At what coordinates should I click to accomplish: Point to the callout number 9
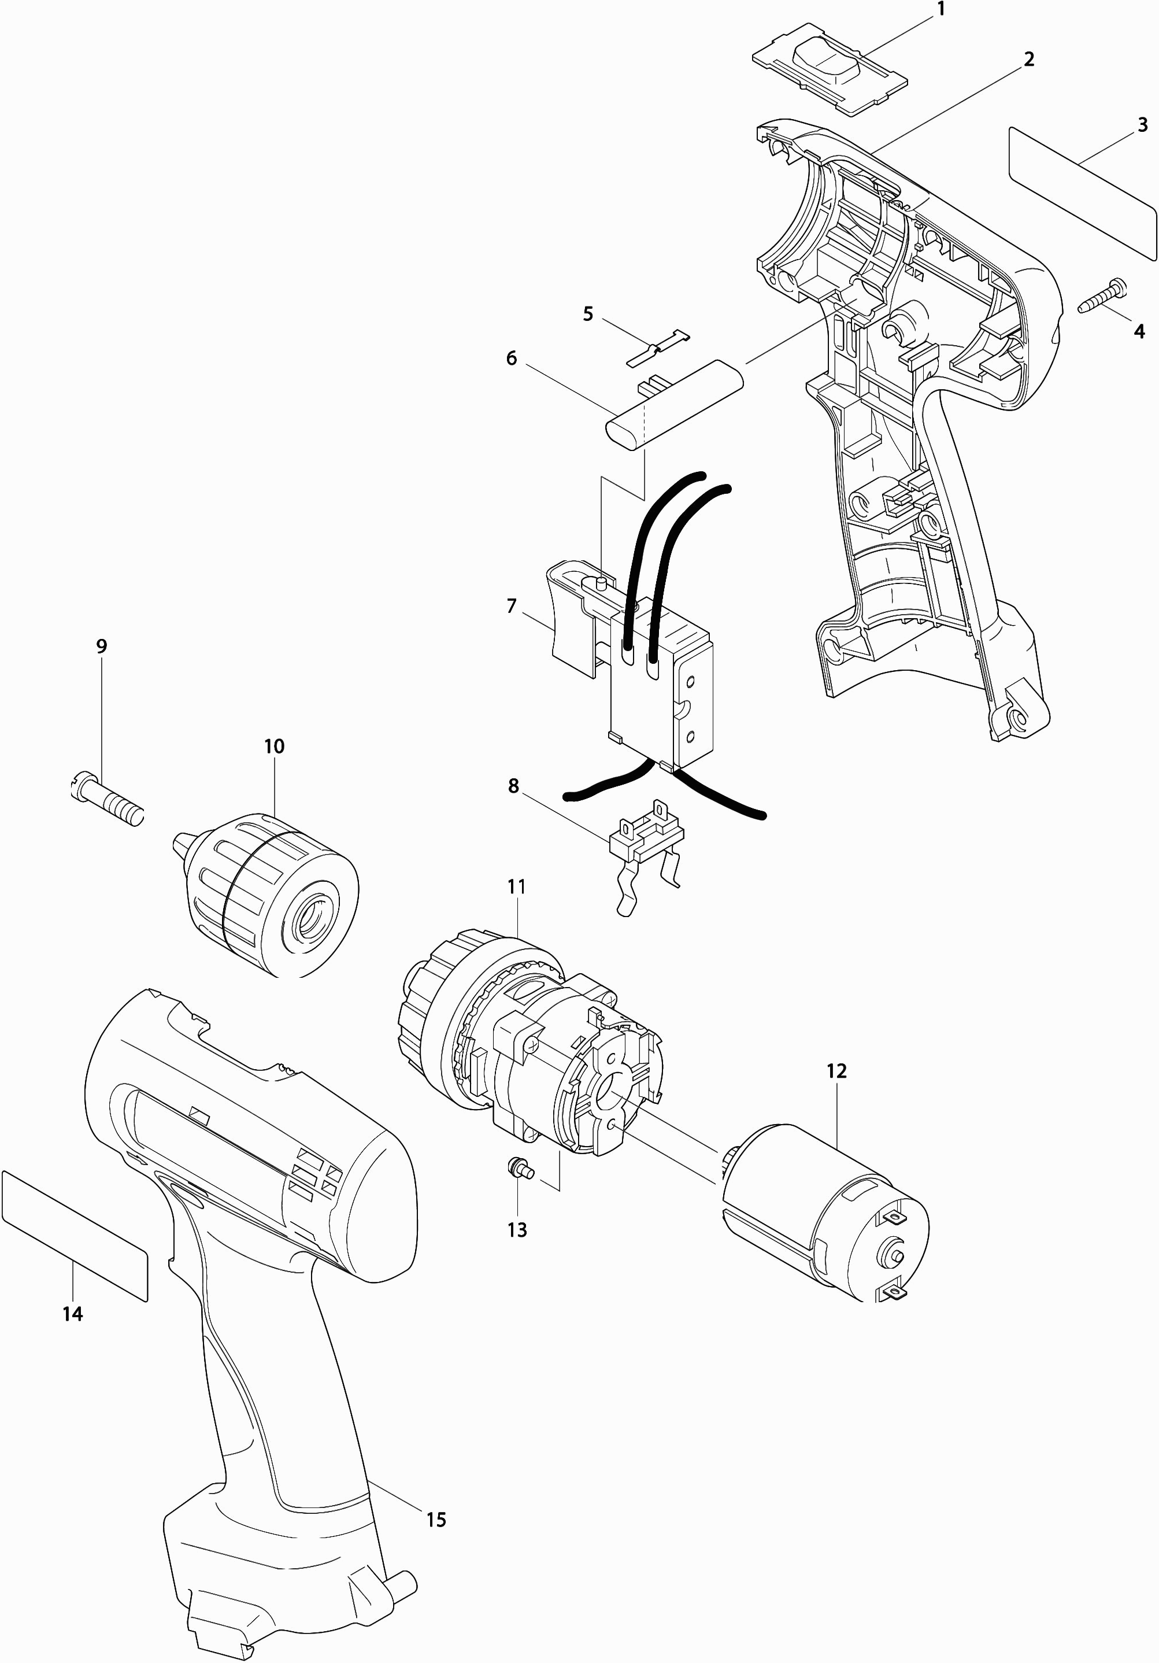(101, 646)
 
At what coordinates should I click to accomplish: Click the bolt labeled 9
(108, 800)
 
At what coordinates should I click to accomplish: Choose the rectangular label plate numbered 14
(75, 1236)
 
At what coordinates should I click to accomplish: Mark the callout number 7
(511, 605)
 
